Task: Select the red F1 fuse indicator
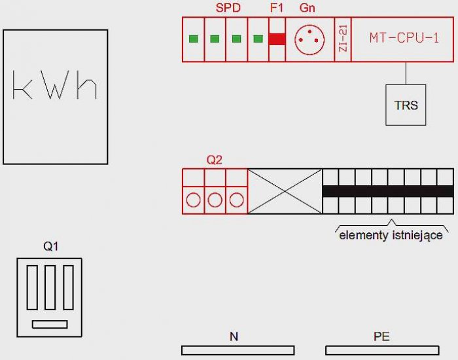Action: tap(277, 39)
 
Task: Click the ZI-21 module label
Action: tap(343, 39)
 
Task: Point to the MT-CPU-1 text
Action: tap(404, 38)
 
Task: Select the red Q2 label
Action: tap(215, 160)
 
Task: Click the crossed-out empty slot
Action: tap(285, 191)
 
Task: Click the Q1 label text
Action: tap(51, 246)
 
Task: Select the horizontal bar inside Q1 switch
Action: tap(50, 325)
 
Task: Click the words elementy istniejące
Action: tap(391, 235)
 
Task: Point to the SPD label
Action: tap(228, 8)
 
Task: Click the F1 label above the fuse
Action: tap(277, 8)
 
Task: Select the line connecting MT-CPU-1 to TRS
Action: tap(406, 73)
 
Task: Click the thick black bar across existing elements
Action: tap(388, 191)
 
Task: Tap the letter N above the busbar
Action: tap(234, 336)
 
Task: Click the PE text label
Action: tap(381, 336)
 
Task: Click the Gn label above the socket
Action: tap(308, 8)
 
